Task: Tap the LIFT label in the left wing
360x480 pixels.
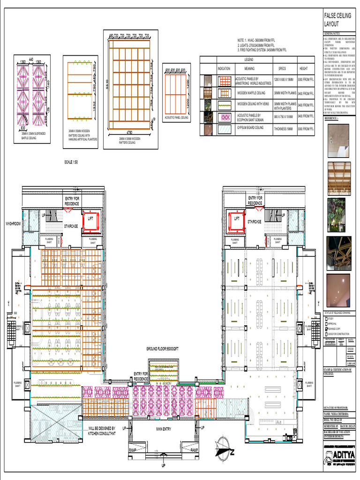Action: coord(90,218)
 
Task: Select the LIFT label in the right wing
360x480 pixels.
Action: coord(237,218)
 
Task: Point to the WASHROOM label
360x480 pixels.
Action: coord(13,224)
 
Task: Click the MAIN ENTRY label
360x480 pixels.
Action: coord(166,429)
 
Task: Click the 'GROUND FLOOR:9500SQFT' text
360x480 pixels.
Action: coord(162,349)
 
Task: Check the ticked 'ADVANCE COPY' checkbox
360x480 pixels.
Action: coord(327,330)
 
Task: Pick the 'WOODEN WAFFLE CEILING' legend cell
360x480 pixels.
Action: coord(253,93)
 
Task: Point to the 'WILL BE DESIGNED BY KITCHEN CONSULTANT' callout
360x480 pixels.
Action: coord(107,431)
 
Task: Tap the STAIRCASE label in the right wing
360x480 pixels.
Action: coord(255,222)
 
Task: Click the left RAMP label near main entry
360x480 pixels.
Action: coord(134,450)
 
